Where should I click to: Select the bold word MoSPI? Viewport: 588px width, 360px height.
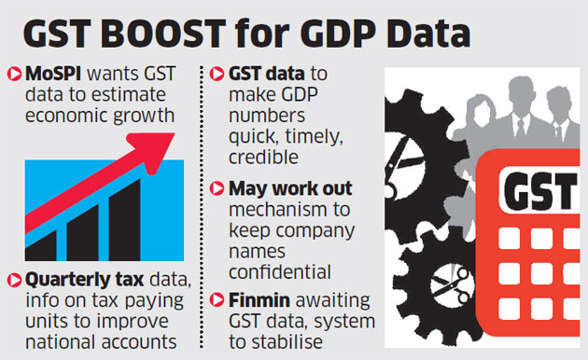(x=53, y=74)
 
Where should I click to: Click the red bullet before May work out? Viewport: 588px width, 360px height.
(x=217, y=190)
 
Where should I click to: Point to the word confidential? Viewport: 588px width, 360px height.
(x=275, y=271)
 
